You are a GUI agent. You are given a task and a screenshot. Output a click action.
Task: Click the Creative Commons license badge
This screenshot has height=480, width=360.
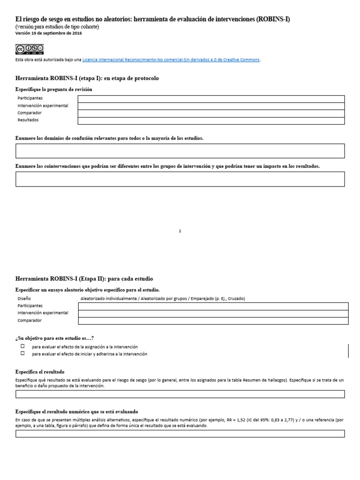30,49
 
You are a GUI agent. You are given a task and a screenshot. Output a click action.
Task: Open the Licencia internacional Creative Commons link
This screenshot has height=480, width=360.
171,60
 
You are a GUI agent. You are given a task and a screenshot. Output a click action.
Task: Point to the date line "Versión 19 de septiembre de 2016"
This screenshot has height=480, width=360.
49,33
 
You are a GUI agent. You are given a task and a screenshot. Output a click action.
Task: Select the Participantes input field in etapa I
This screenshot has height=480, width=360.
211,99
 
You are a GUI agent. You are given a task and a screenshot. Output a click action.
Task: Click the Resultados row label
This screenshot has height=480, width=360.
28,120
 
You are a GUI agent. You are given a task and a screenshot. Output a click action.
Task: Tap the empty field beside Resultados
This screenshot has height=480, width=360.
211,120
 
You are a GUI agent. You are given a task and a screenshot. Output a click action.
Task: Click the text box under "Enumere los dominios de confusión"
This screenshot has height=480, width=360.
180,151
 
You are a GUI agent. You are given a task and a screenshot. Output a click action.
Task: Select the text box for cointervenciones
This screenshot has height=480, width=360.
180,179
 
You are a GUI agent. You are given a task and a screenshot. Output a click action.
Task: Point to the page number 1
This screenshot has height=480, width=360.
180,231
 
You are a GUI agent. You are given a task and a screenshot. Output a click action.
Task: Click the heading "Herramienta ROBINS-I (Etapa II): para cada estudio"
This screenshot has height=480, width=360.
84,278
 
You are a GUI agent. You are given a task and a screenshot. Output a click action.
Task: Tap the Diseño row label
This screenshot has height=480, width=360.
24,298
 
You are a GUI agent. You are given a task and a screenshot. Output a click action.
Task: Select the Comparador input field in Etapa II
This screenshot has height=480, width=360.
213,321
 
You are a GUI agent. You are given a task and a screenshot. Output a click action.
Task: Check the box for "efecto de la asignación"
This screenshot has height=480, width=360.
22,346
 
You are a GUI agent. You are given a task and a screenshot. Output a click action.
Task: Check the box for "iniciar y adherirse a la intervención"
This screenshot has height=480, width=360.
22,353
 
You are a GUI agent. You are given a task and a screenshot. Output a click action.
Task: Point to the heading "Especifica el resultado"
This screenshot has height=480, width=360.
40,371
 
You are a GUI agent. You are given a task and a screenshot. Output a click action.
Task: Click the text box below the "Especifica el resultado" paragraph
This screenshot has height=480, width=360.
180,394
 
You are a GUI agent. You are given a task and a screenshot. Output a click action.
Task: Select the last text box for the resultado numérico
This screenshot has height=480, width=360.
180,434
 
